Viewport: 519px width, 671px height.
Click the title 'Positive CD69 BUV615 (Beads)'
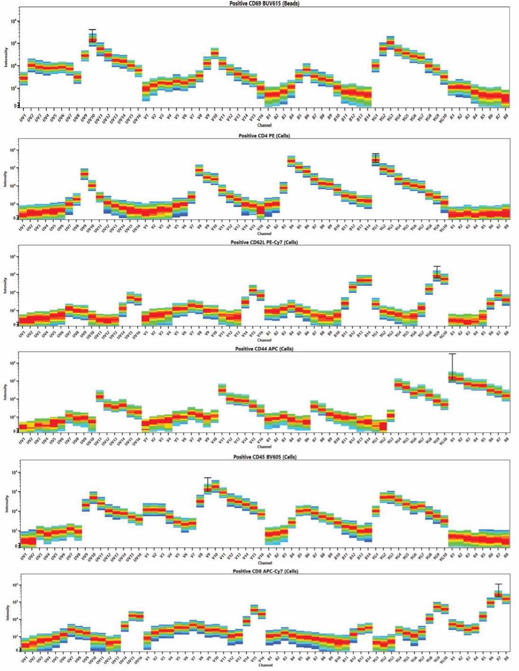tap(264, 3)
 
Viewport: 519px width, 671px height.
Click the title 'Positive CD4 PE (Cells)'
tap(264, 136)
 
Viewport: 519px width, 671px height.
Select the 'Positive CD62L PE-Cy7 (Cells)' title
tap(264, 242)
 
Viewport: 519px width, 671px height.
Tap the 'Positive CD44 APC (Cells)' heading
tap(264, 349)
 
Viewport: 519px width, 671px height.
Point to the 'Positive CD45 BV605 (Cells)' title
tap(264, 457)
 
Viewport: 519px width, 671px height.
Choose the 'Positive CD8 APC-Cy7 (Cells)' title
tap(265, 571)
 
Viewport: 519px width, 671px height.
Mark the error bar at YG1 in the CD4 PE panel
tap(375, 158)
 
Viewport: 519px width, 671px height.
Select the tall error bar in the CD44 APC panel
tap(453, 367)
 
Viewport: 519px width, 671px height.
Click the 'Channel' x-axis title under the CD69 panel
tap(264, 126)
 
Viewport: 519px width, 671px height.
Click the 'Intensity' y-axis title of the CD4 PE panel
tap(6, 179)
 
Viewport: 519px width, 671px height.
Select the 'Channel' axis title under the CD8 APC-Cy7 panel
tap(265, 665)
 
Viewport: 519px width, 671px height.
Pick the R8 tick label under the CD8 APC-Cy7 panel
tap(507, 658)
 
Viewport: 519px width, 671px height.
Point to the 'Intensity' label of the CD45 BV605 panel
tap(6, 504)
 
